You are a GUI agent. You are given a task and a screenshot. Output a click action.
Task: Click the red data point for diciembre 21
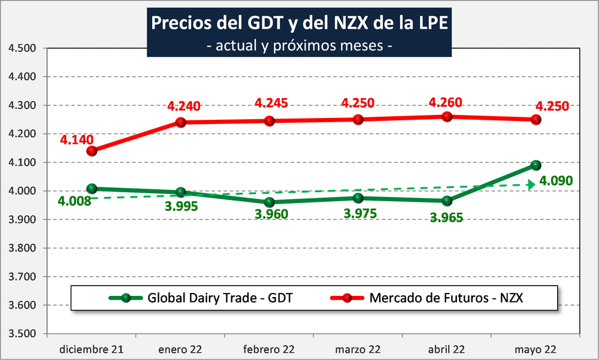tap(92, 151)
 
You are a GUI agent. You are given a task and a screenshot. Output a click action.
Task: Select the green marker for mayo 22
tap(536, 165)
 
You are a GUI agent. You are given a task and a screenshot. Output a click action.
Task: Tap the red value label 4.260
tap(445, 102)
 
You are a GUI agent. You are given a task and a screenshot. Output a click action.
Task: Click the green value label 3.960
tap(271, 214)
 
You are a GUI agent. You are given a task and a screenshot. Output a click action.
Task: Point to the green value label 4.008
tap(75, 201)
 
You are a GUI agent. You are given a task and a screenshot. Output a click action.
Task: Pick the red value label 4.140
tap(76, 140)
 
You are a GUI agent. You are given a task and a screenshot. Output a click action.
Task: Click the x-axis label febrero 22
tap(269, 349)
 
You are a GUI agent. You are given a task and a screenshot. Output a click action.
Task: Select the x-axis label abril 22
tap(447, 349)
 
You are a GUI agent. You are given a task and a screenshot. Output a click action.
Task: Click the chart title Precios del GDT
tap(298, 23)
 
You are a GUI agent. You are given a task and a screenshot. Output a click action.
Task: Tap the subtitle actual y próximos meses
tap(298, 46)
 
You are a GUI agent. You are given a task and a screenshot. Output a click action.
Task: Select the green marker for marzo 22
tap(358, 198)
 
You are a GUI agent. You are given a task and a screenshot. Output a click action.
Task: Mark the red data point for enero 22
tap(180, 122)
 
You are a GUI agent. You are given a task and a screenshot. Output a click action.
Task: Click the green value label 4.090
tap(556, 180)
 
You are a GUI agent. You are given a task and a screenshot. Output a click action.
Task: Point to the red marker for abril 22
tap(447, 117)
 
